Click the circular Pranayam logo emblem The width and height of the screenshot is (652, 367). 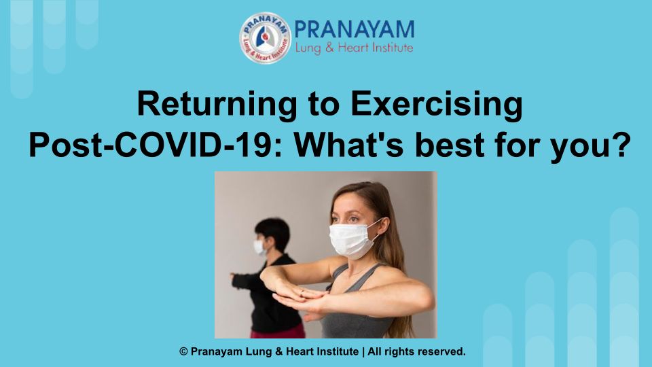265,38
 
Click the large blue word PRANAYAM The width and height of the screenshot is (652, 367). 355,30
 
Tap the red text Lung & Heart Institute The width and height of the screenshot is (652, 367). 354,48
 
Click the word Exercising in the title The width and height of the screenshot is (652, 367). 437,105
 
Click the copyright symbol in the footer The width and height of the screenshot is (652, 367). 183,351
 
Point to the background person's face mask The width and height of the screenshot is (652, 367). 259,247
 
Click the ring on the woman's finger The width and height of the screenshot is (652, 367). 302,292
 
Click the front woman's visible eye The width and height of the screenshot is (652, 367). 353,218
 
